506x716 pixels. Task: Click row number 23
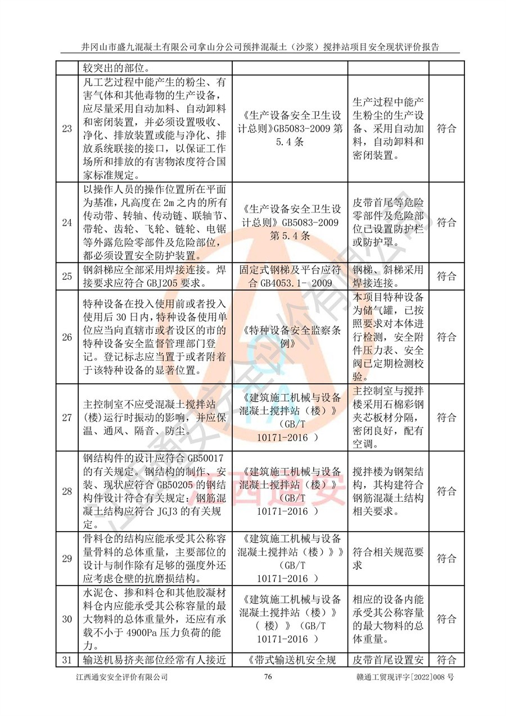[67, 129]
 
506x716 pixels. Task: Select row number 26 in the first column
[67, 337]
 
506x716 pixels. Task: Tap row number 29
[67, 558]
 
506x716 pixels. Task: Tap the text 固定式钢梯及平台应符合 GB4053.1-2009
[290, 276]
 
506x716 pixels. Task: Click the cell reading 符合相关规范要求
[388, 558]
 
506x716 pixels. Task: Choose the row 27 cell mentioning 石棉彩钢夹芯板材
[388, 418]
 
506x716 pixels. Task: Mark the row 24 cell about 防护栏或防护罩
[388, 223]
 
